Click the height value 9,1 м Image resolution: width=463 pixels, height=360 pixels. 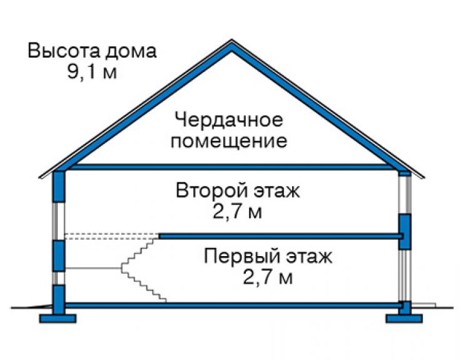pyautogui.click(x=92, y=72)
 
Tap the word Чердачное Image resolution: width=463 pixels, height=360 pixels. pyautogui.click(x=228, y=120)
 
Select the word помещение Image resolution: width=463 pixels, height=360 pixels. pyautogui.click(x=229, y=141)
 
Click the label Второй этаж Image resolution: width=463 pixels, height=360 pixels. pyautogui.click(x=238, y=190)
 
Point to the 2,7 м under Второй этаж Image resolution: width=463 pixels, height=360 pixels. pyautogui.click(x=237, y=212)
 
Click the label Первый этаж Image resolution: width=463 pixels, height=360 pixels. pyautogui.click(x=268, y=256)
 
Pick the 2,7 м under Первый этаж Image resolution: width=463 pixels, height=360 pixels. pyautogui.click(x=268, y=277)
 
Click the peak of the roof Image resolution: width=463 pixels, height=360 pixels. pyautogui.click(x=232, y=40)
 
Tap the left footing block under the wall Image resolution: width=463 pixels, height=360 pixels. pyautogui.click(x=58, y=318)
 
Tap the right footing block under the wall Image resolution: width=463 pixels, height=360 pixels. pyautogui.click(x=404, y=318)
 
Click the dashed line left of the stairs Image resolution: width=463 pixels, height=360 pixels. pyautogui.click(x=112, y=236)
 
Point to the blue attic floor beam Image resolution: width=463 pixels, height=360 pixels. pyautogui.click(x=232, y=167)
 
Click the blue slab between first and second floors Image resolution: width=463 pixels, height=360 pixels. pyautogui.click(x=281, y=236)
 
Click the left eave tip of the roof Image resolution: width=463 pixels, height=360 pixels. pyautogui.click(x=39, y=178)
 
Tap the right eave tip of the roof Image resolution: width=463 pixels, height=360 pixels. pyautogui.click(x=424, y=178)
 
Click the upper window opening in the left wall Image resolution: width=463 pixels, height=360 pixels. pyautogui.click(x=59, y=221)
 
